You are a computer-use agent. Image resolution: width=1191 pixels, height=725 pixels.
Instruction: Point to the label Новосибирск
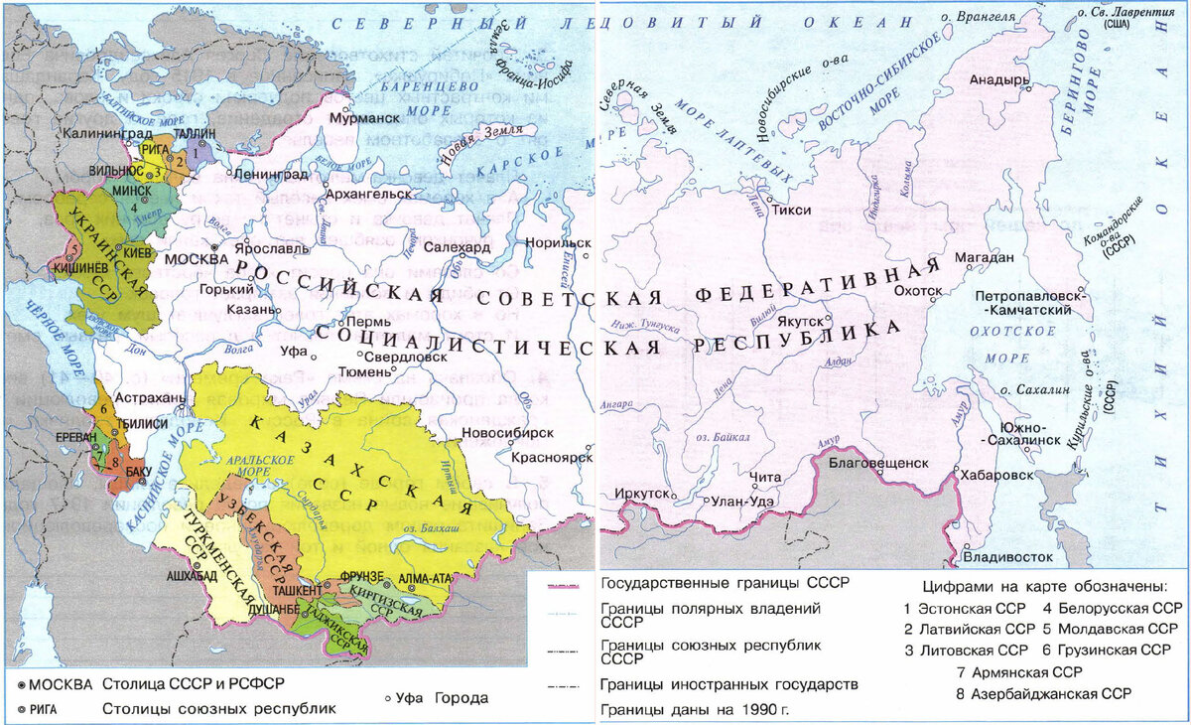(x=507, y=434)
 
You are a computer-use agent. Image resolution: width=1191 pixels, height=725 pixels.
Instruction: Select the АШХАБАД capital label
(x=185, y=575)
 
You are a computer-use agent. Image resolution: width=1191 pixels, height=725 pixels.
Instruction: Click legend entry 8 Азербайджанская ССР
(x=1045, y=692)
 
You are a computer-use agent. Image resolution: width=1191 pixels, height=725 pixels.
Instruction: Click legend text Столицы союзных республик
(x=218, y=709)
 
